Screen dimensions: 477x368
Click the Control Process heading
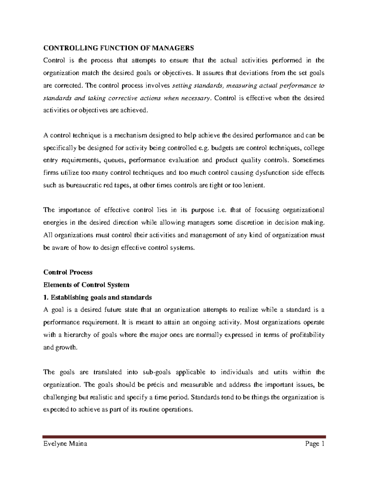[68, 272]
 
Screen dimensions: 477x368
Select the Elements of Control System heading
[86, 285]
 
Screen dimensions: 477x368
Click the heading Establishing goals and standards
[101, 297]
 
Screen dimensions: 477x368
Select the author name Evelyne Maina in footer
[65, 444]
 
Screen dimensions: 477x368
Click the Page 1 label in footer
[314, 444]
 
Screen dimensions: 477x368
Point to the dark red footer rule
[184, 436]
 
